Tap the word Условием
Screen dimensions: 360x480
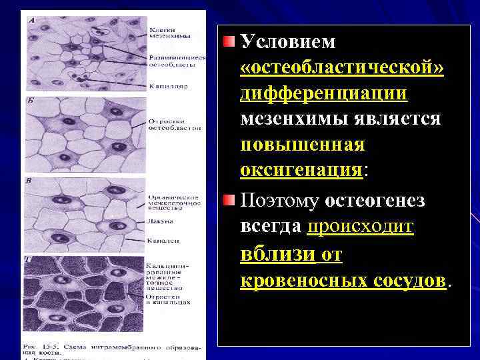pyautogui.click(x=288, y=41)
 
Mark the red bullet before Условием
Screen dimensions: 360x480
pyautogui.click(x=229, y=41)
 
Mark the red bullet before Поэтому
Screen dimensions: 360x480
pyautogui.click(x=229, y=200)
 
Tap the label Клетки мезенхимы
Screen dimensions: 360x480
pyautogui.click(x=167, y=33)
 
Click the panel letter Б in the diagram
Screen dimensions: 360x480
pyautogui.click(x=29, y=99)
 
